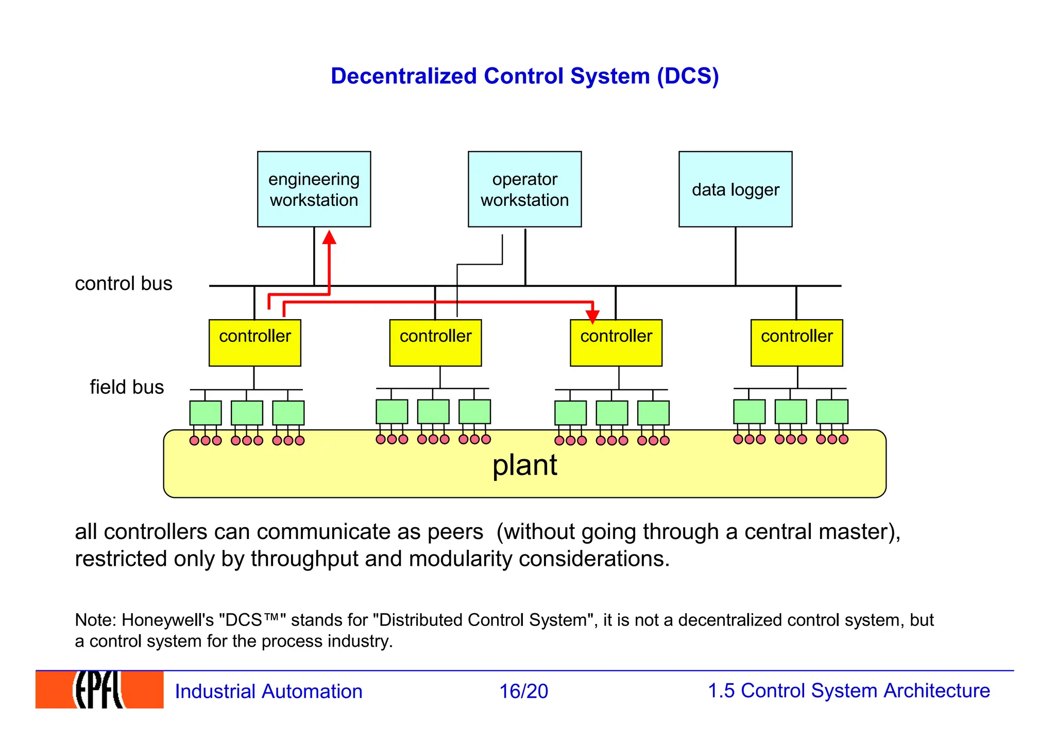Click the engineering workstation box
click(314, 189)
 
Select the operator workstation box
click(524, 189)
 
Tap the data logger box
click(735, 189)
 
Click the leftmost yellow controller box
click(254, 343)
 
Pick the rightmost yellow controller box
click(796, 343)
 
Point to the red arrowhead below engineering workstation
click(329, 237)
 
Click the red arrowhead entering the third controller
click(593, 316)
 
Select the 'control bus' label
click(124, 284)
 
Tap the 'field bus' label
click(127, 387)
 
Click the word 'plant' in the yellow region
click(524, 465)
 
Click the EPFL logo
click(99, 690)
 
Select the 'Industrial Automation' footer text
click(268, 691)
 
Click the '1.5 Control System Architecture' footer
click(848, 691)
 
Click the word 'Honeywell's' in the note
click(167, 620)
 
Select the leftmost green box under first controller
click(206, 413)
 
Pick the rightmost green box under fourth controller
click(832, 412)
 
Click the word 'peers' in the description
click(455, 532)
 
